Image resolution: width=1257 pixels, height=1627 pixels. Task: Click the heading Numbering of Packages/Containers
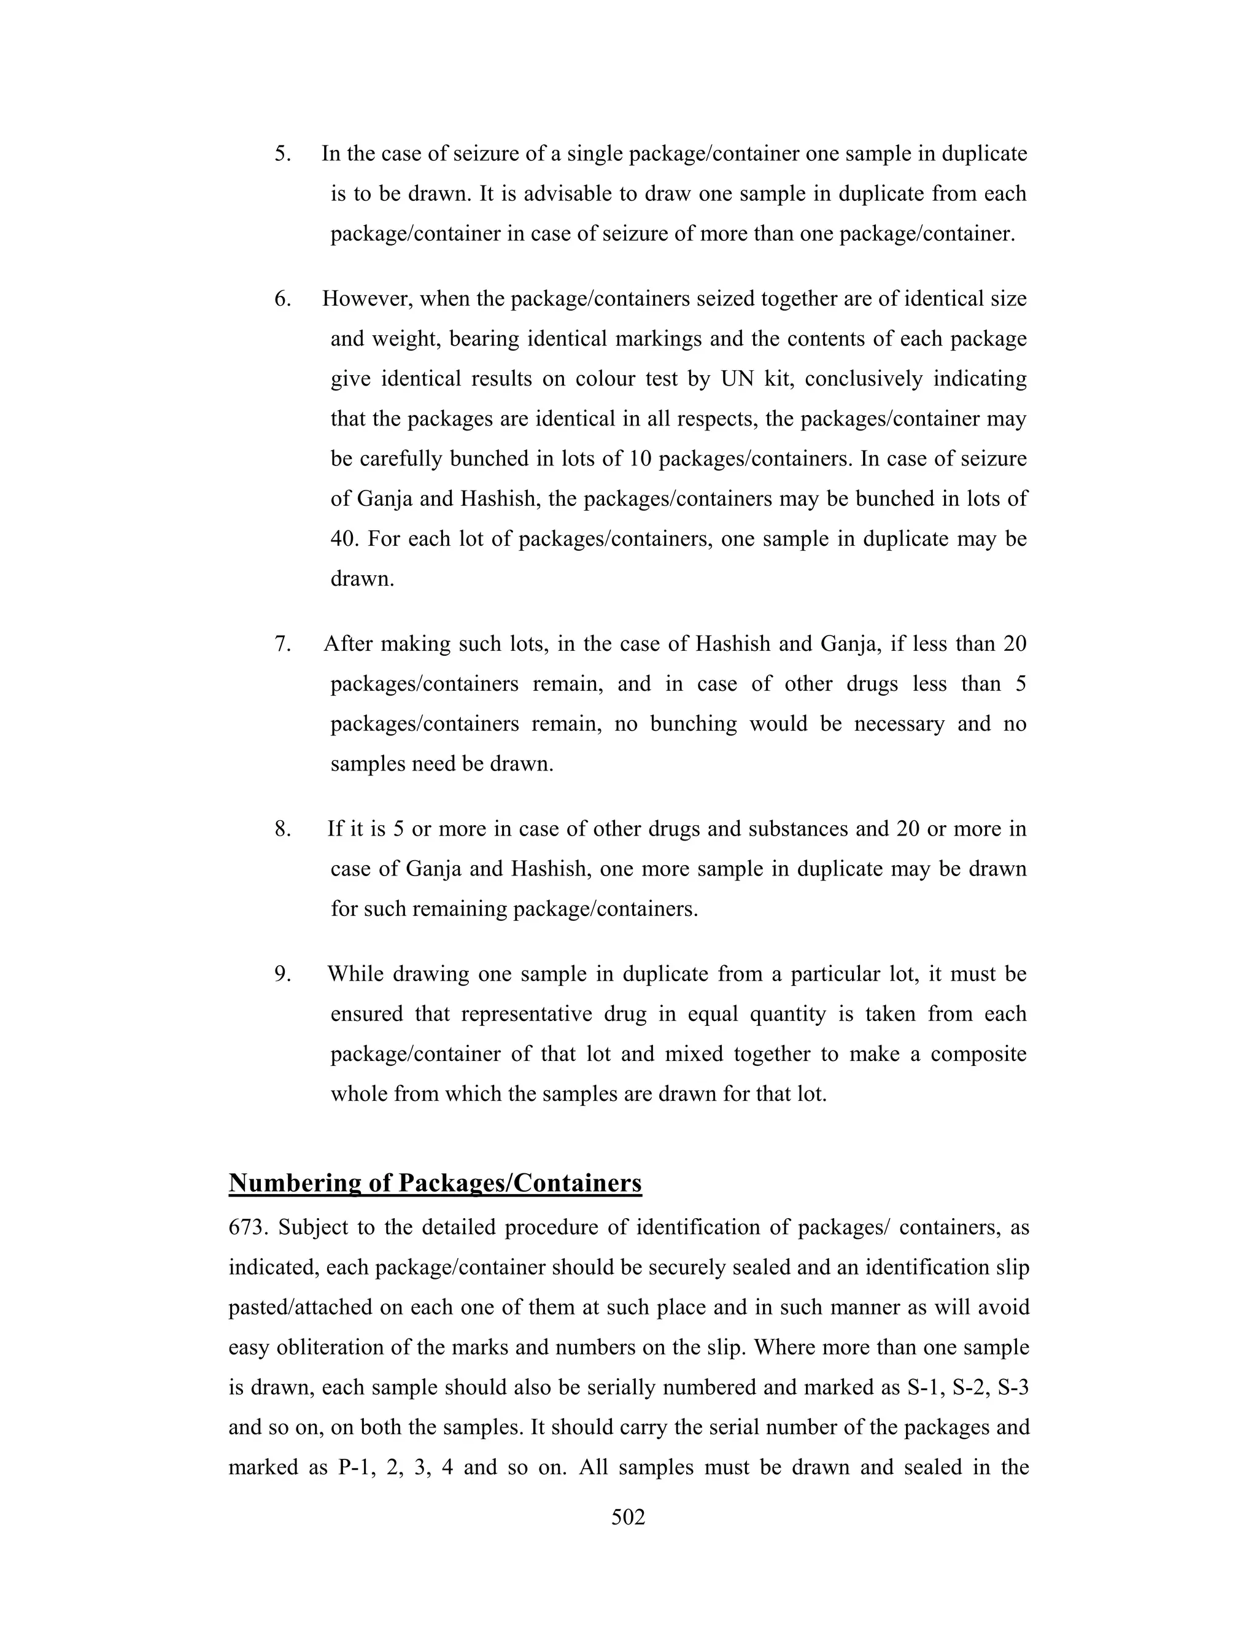[435, 1183]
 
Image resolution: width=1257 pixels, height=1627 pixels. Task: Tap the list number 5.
[282, 154]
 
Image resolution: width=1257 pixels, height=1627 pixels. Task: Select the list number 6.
[282, 300]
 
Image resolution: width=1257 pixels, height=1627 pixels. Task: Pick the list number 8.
[282, 829]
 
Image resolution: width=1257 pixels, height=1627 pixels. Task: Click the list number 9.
[282, 974]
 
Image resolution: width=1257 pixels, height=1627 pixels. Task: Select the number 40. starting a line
[345, 538]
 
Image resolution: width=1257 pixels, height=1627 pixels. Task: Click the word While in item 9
[355, 974]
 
